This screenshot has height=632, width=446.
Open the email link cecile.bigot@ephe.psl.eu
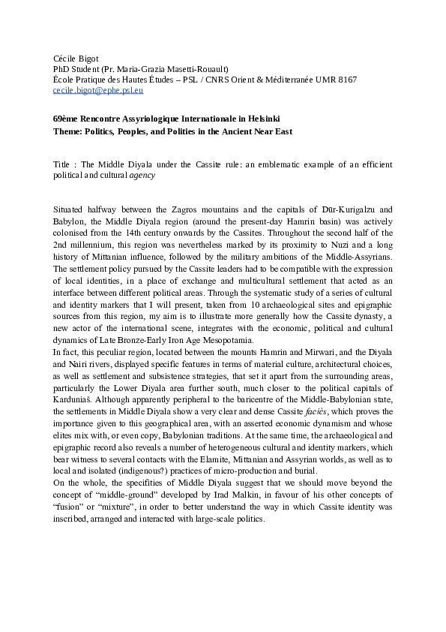pos(97,90)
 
